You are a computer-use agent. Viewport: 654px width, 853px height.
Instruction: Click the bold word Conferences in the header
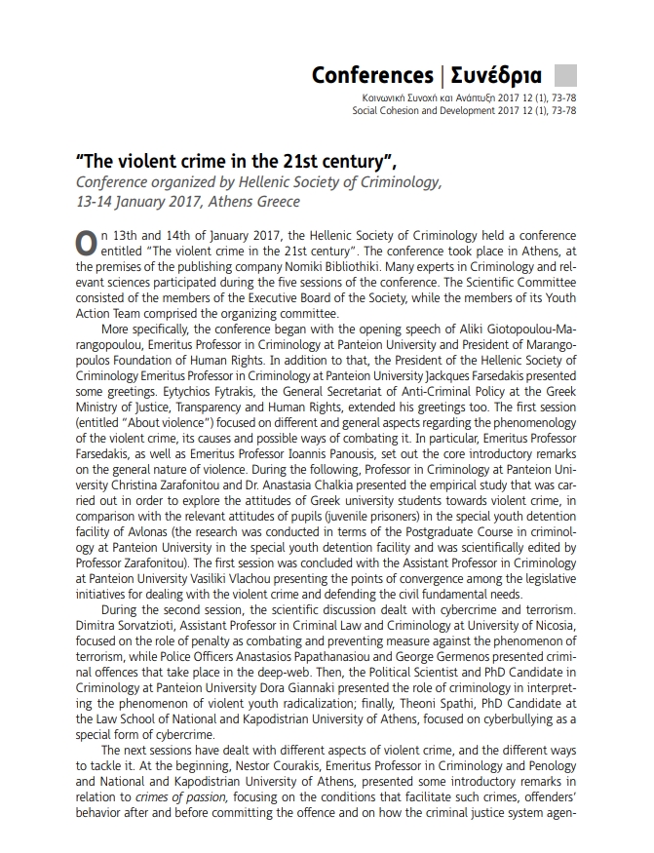372,75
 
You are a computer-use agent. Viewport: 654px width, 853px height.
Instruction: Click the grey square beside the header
565,75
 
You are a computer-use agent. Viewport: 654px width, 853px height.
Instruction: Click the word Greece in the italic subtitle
279,202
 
